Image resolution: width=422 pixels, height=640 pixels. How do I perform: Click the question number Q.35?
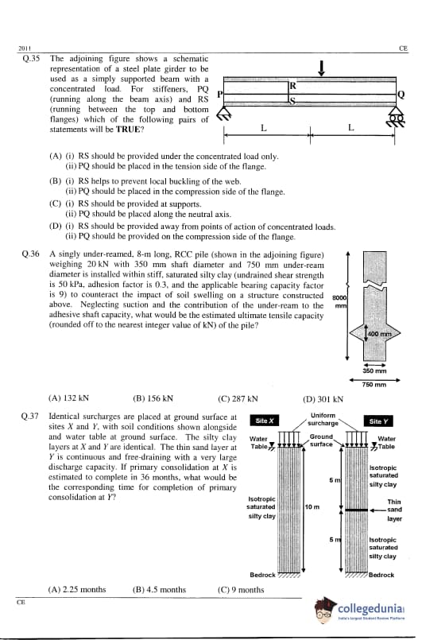31,59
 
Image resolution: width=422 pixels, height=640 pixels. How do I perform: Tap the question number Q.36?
31,254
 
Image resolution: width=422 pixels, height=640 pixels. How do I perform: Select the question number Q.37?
29,417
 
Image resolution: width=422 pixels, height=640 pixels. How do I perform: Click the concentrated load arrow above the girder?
322,68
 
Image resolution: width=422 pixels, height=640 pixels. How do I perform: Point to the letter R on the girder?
293,86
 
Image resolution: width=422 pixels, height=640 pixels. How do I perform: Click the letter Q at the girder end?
401,95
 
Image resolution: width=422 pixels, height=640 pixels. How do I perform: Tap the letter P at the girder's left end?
219,95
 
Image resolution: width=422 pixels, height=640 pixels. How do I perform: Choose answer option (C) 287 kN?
238,399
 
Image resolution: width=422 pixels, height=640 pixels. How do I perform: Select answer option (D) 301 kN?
323,399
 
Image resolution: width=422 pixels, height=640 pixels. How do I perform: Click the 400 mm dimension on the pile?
380,334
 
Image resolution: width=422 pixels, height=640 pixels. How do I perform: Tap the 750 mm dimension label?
374,385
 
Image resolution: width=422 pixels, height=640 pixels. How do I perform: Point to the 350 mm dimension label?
374,371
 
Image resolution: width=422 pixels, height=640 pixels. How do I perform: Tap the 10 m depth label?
312,507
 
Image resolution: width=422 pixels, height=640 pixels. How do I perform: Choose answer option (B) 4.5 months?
159,590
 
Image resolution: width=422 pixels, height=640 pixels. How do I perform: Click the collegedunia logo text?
370,609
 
